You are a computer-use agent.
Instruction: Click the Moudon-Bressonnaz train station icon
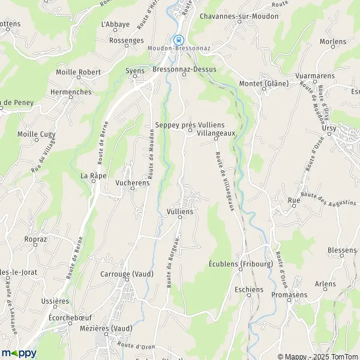point(178,40)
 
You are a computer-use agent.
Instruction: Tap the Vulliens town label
point(179,211)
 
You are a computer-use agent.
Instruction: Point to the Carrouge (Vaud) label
point(127,274)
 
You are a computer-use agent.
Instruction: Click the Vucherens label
point(132,183)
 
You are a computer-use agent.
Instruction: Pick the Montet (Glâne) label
point(263,83)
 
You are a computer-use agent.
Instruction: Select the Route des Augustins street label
point(328,198)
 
